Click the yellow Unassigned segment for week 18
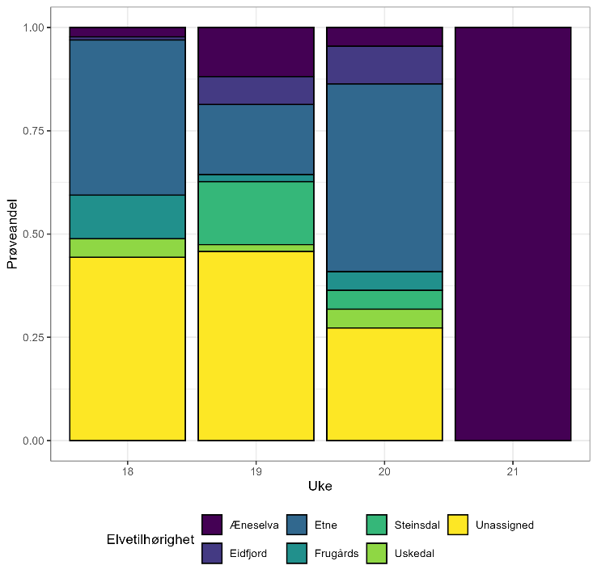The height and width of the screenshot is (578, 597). [127, 348]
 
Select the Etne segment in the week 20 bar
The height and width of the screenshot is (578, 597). [384, 178]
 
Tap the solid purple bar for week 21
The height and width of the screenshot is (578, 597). [513, 234]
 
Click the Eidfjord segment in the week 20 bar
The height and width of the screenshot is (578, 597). [384, 65]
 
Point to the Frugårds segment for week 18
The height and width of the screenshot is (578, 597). [127, 217]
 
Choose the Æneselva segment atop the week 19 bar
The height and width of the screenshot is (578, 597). [256, 52]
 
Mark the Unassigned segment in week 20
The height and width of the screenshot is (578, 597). [384, 384]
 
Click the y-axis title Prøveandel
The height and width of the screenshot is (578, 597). [13, 234]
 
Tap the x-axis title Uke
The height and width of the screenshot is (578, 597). [320, 487]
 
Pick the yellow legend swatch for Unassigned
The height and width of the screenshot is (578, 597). [459, 525]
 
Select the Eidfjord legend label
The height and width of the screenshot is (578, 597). [248, 553]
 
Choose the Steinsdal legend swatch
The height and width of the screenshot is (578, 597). [376, 525]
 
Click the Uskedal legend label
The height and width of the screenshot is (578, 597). [415, 553]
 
